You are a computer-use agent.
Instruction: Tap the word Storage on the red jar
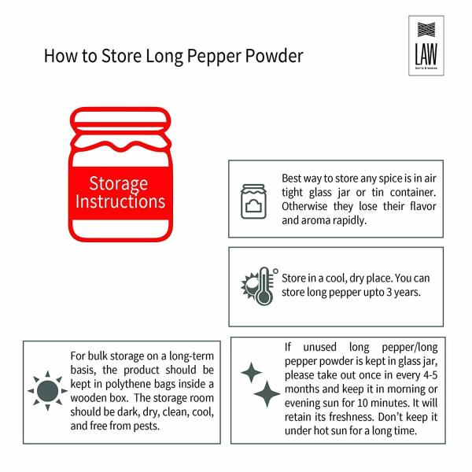click(x=118, y=184)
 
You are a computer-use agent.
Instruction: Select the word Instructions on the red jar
click(x=120, y=201)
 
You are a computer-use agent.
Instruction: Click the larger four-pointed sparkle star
click(x=267, y=393)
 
